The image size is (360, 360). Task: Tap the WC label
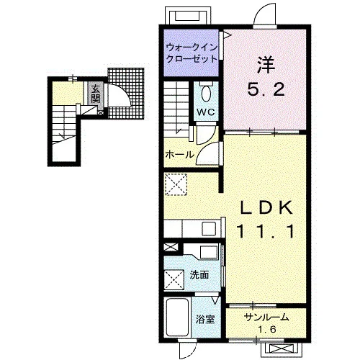(x=206, y=112)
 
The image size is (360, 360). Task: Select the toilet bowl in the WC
(x=206, y=94)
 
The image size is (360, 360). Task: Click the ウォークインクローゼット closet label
(x=192, y=53)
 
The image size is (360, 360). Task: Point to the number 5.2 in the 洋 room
(x=266, y=89)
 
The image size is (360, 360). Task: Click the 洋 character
(x=266, y=65)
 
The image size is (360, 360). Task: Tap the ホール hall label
(x=179, y=154)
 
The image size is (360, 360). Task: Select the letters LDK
(x=266, y=207)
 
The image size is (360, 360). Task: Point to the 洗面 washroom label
(x=199, y=275)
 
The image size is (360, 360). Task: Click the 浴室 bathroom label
(x=205, y=320)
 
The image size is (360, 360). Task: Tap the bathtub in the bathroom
(x=177, y=318)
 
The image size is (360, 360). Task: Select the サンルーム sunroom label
(x=266, y=318)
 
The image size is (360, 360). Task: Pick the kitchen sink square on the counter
(x=209, y=228)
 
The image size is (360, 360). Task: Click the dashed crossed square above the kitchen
(x=176, y=184)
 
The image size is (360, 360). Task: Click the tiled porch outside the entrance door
(x=126, y=93)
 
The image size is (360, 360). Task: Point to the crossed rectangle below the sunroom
(x=281, y=348)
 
